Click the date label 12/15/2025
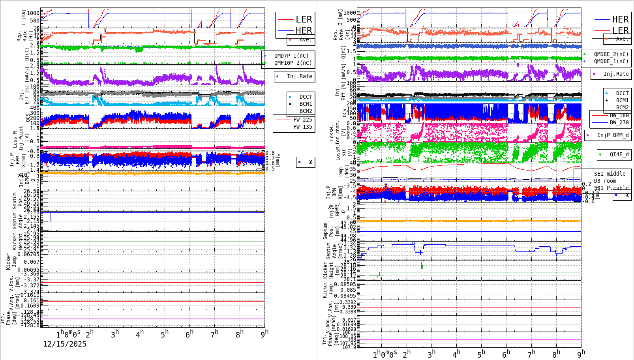point(65,344)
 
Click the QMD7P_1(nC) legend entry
point(291,56)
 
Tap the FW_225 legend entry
point(302,120)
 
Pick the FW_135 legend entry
point(302,127)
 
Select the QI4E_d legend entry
point(619,154)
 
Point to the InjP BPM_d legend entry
point(612,135)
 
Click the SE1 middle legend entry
point(609,174)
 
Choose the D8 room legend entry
point(605,181)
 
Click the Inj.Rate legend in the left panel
point(299,76)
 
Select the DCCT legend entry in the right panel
point(622,93)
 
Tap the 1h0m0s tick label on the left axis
point(68,334)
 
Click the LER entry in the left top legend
point(303,19)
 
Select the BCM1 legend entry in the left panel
point(305,104)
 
